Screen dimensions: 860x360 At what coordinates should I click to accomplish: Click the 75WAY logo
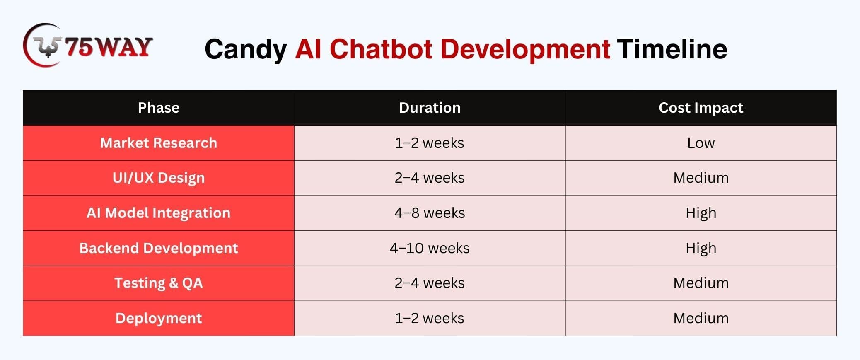(88, 45)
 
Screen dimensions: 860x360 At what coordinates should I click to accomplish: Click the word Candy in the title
(246, 49)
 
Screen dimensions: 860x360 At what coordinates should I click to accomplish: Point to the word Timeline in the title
(672, 49)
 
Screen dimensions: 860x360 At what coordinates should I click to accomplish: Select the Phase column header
(159, 108)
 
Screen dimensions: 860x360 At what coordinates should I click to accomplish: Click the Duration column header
(430, 108)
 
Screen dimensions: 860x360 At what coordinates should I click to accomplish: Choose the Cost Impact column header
(701, 108)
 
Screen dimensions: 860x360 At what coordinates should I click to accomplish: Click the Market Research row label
(159, 143)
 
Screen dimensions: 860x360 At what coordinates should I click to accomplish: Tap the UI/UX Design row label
(159, 178)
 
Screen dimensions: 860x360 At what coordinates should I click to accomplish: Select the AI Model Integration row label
(159, 213)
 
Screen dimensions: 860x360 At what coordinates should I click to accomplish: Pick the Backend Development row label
(159, 248)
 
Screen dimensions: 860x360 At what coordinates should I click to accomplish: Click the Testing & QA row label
(159, 283)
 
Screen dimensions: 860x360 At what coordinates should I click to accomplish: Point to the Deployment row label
(159, 318)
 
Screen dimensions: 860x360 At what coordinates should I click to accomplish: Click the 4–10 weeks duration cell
(430, 248)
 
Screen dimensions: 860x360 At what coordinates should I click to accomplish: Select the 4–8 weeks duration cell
(430, 213)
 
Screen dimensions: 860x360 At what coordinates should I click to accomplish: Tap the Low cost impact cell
(701, 143)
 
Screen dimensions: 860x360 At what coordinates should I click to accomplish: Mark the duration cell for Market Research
(430, 143)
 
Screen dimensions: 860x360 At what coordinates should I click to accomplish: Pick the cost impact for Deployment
(701, 318)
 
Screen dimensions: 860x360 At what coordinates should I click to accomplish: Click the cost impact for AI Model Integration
(701, 213)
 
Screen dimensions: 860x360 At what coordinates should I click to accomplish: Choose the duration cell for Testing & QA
(430, 283)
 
